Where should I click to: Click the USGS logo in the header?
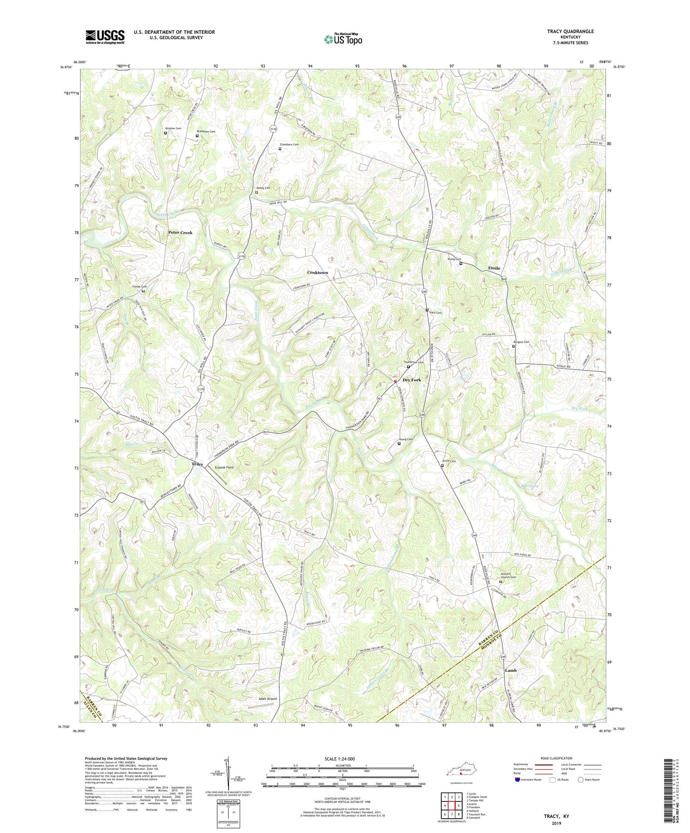[x=105, y=36]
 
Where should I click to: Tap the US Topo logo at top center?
[x=342, y=39]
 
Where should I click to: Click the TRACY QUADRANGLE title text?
[x=570, y=31]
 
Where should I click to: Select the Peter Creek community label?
[x=180, y=232]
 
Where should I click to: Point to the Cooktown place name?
[x=318, y=272]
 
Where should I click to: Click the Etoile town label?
[x=494, y=268]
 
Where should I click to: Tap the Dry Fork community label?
[x=412, y=380]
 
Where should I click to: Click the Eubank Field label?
[x=223, y=468]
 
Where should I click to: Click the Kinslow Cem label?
[x=173, y=128]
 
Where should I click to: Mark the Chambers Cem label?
[x=289, y=145]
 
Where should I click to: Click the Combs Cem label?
[x=139, y=287]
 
